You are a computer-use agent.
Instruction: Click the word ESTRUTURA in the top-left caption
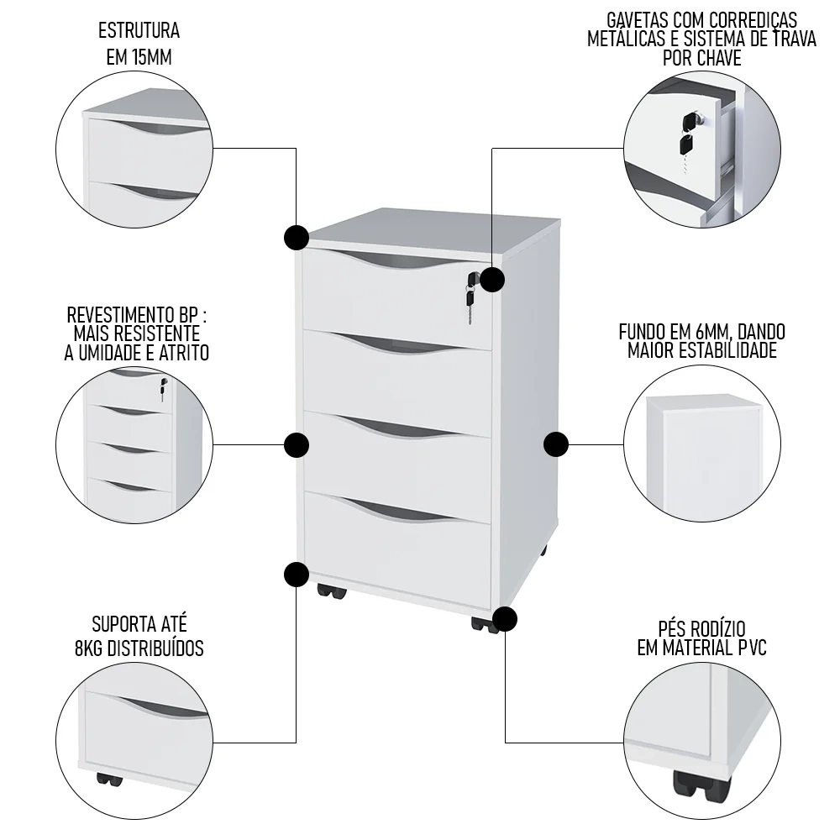[139, 32]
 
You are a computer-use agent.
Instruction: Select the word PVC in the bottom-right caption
[746, 648]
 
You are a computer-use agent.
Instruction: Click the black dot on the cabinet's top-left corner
[297, 238]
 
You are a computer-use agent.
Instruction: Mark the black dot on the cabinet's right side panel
[557, 444]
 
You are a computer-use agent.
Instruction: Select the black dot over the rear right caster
[506, 620]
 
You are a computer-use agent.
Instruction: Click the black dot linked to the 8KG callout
[297, 575]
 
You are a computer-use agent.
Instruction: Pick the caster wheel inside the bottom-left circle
[109, 779]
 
